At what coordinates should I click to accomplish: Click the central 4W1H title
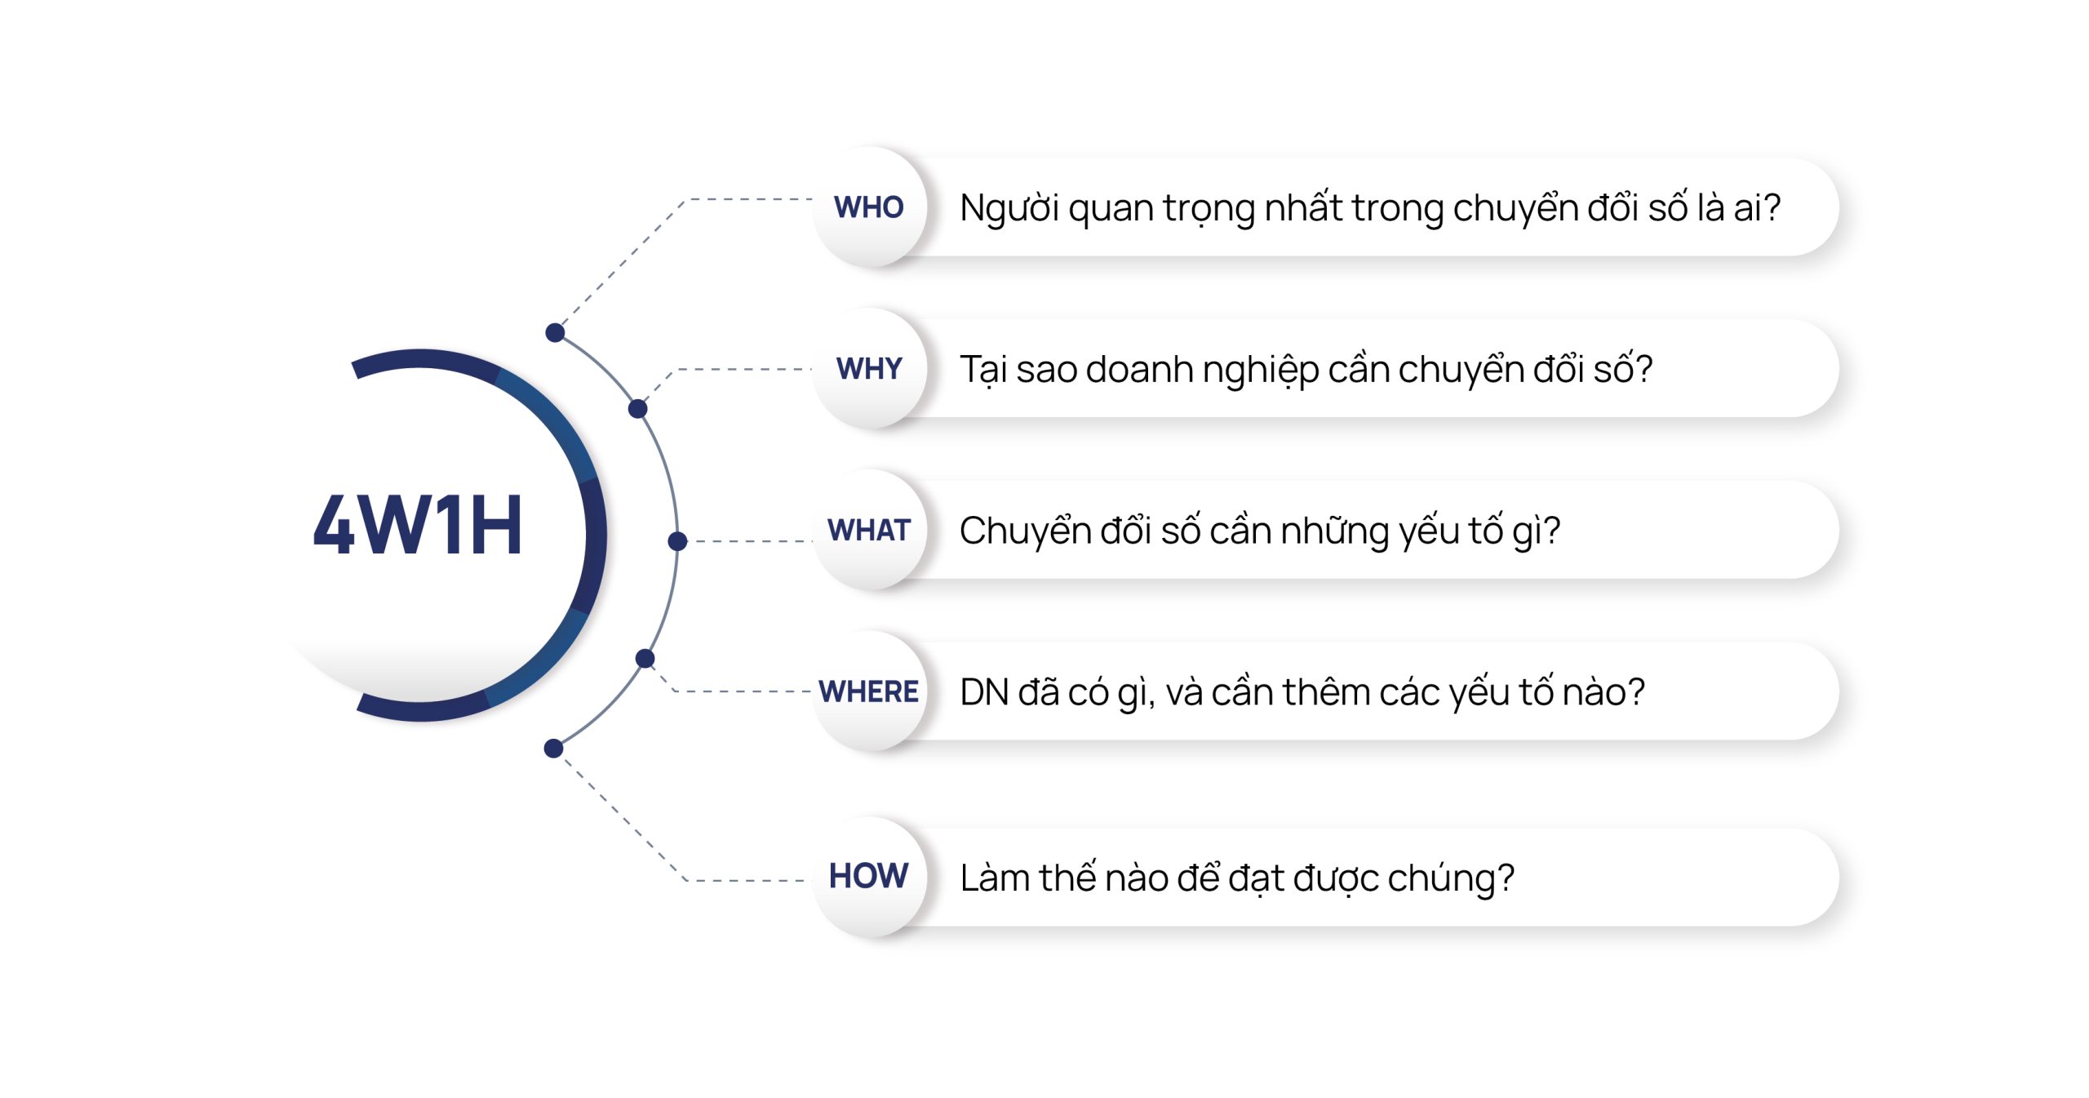click(x=417, y=525)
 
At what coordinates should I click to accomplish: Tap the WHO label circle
click(x=869, y=207)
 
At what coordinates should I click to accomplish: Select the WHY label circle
click(x=869, y=368)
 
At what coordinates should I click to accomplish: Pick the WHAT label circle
click(x=869, y=530)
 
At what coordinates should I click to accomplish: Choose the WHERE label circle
click(x=869, y=691)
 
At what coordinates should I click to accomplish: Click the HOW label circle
click(x=869, y=877)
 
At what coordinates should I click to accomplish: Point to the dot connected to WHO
click(x=555, y=332)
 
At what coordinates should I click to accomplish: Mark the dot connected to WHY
click(x=638, y=408)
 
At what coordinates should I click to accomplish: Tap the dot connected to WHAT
click(x=677, y=540)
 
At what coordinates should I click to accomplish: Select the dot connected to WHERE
click(x=645, y=658)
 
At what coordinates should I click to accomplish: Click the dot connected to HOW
click(x=553, y=748)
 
